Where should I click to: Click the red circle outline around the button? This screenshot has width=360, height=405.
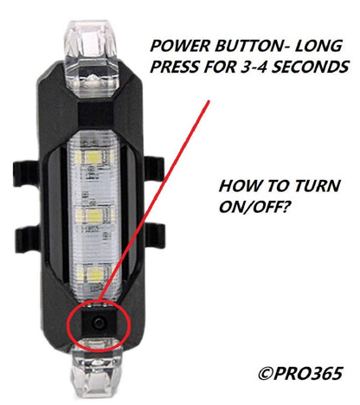pyautogui.click(x=69, y=325)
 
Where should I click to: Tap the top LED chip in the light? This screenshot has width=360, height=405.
pyautogui.click(x=90, y=162)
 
